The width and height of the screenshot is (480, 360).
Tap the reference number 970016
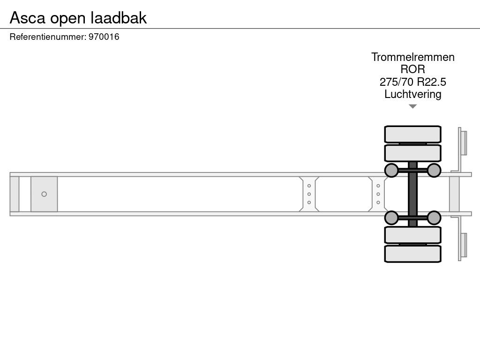pyautogui.click(x=104, y=37)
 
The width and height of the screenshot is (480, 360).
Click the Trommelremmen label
pyautogui.click(x=413, y=57)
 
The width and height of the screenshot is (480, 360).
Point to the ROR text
pyautogui.click(x=413, y=69)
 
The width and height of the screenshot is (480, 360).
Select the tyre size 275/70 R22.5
pyautogui.click(x=413, y=82)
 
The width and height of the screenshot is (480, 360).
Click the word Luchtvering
pyautogui.click(x=413, y=94)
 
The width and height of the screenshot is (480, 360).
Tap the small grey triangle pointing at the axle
pyautogui.click(x=412, y=106)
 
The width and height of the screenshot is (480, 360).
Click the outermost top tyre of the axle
pyautogui.click(x=412, y=134)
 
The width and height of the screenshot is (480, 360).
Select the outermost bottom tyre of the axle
pyautogui.click(x=412, y=254)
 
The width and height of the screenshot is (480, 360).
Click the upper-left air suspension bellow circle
pyautogui.click(x=391, y=170)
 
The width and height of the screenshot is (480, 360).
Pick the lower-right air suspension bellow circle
pyautogui.click(x=434, y=217)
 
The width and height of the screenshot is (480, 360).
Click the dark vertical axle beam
pyautogui.click(x=412, y=194)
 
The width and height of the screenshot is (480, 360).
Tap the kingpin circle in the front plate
pyautogui.click(x=44, y=194)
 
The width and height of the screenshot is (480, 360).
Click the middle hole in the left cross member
pyautogui.click(x=309, y=194)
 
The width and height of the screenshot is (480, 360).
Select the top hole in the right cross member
pyautogui.click(x=378, y=186)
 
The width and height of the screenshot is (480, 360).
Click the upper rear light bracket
pyautogui.click(x=463, y=142)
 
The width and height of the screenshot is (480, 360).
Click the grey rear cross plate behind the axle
pyautogui.click(x=454, y=194)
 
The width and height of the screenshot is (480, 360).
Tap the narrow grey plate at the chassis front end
pyautogui.click(x=15, y=194)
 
